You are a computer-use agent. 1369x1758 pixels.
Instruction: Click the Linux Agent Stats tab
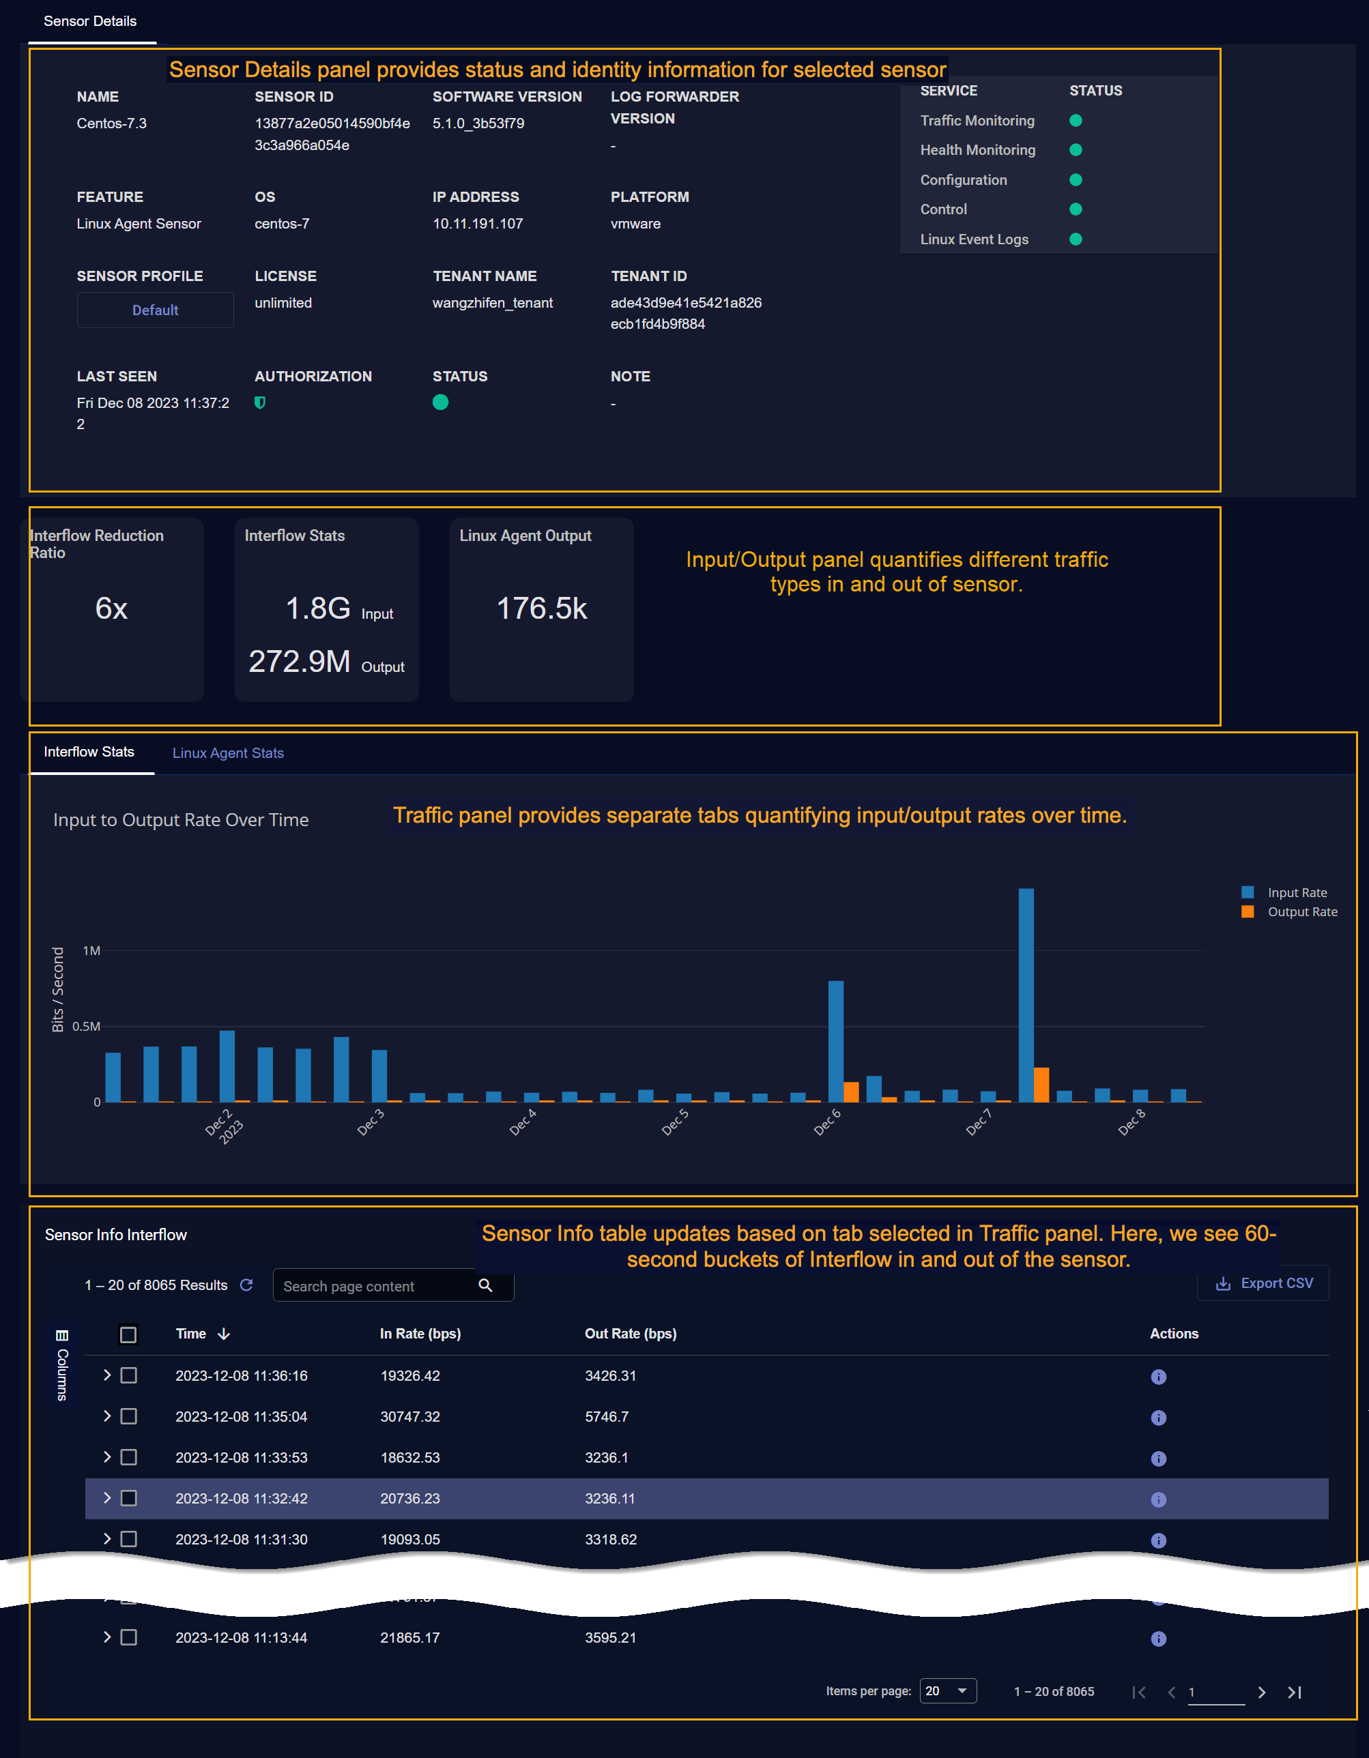(x=228, y=752)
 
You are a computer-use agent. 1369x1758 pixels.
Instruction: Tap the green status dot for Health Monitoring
(x=1075, y=149)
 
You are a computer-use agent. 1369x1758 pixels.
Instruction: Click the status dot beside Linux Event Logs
(x=1075, y=239)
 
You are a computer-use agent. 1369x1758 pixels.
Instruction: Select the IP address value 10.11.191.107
(x=478, y=224)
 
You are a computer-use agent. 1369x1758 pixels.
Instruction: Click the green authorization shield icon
(x=260, y=402)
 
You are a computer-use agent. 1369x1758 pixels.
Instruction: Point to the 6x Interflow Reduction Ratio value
(x=111, y=609)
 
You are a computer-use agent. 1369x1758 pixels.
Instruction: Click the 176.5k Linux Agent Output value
(x=541, y=609)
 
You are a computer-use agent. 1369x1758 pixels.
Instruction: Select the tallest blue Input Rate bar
(x=1026, y=994)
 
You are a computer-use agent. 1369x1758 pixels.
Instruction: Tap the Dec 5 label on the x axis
(x=675, y=1122)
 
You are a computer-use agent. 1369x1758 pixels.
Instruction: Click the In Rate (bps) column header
(x=420, y=1334)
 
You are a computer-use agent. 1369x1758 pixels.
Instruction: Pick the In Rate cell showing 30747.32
(x=410, y=1417)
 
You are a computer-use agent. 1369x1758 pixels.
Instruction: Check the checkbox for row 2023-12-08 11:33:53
(x=129, y=1458)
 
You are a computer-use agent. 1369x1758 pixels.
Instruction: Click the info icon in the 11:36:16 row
(x=1158, y=1377)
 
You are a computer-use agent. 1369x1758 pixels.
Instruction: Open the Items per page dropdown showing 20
(x=947, y=1691)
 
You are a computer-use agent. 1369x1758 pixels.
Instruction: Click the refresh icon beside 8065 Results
(x=246, y=1285)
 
